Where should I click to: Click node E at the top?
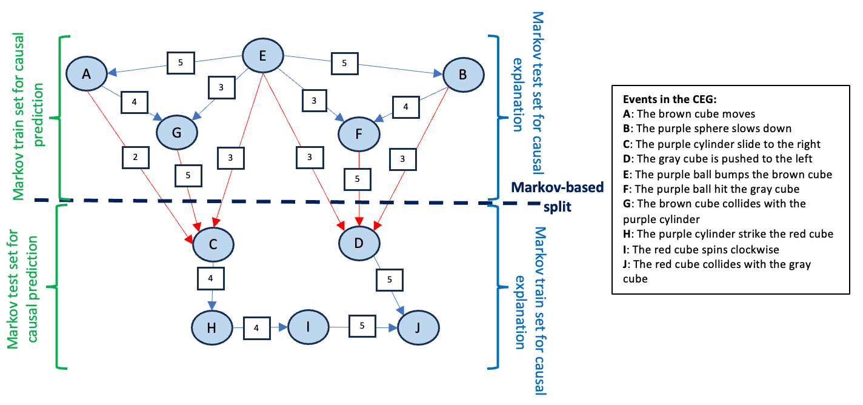pos(263,55)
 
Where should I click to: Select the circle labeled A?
pos(86,74)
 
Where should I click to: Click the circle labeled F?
pos(359,135)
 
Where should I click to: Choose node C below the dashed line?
pos(213,244)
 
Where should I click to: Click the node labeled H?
pos(212,327)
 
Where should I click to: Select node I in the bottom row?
pos(308,327)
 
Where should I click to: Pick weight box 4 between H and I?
pos(256,327)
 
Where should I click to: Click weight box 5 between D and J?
pos(388,279)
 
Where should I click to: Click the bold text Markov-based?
pos(557,188)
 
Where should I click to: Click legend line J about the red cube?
pos(719,272)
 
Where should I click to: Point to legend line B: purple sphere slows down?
pos(707,129)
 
